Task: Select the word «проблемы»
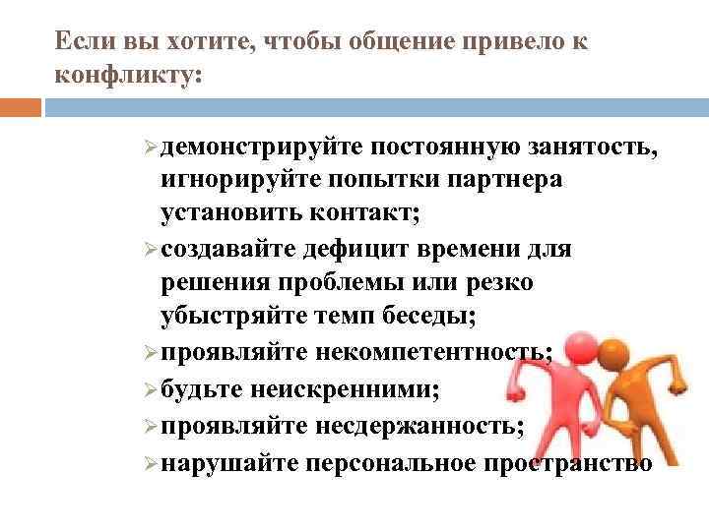351,283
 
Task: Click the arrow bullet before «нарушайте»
150,463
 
